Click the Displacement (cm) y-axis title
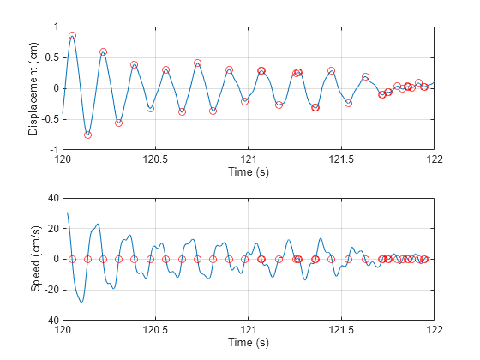click(33, 88)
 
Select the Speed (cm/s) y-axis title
click(35, 259)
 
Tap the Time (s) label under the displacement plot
click(249, 171)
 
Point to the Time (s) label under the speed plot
click(249, 342)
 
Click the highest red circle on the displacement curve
click(72, 35)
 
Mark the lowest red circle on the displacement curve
click(87, 135)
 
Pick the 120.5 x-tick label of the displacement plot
click(155, 159)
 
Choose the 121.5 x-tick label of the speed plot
click(341, 330)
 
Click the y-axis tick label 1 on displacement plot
click(56, 27)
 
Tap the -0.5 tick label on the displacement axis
click(51, 119)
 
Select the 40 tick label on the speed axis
click(53, 198)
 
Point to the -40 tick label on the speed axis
click(51, 321)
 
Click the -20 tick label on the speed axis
click(51, 290)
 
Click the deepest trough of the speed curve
click(81, 302)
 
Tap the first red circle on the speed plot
click(72, 259)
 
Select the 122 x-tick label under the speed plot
click(435, 330)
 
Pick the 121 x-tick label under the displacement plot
click(249, 159)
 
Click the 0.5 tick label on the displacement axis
click(51, 58)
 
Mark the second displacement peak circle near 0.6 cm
click(103, 51)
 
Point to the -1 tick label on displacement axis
click(54, 150)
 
